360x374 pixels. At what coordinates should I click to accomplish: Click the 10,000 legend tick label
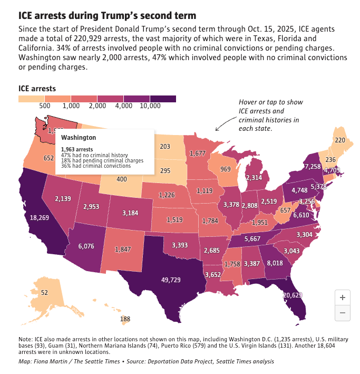150,106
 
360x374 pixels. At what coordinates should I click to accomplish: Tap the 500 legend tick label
45,106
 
